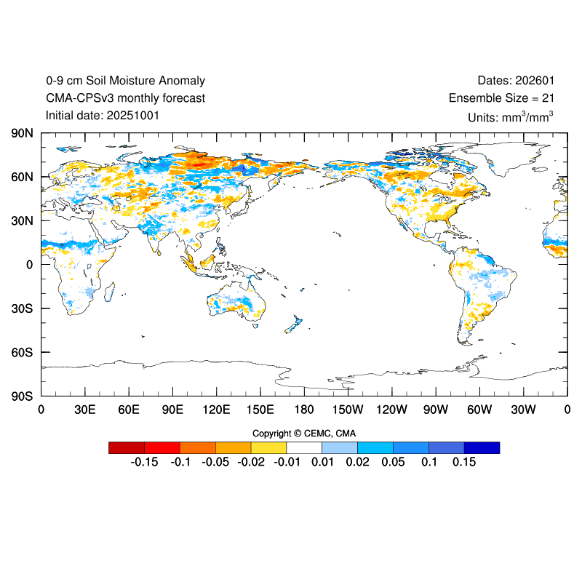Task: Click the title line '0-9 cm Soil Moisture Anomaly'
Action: tap(125, 81)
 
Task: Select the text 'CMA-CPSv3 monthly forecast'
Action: tap(125, 98)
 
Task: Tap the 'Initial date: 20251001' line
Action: tap(103, 115)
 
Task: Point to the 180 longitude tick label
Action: tap(304, 410)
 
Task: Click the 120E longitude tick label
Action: tap(216, 410)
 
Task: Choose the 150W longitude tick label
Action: tap(348, 410)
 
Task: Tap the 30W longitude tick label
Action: tap(523, 410)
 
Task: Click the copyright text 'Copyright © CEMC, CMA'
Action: tap(304, 434)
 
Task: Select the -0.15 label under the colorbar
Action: tap(144, 462)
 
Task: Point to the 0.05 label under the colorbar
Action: tap(393, 462)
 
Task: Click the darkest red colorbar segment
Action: tap(126, 447)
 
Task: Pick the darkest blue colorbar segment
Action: tap(482, 447)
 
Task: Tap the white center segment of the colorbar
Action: tap(304, 447)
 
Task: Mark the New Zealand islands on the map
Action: tap(294, 324)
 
